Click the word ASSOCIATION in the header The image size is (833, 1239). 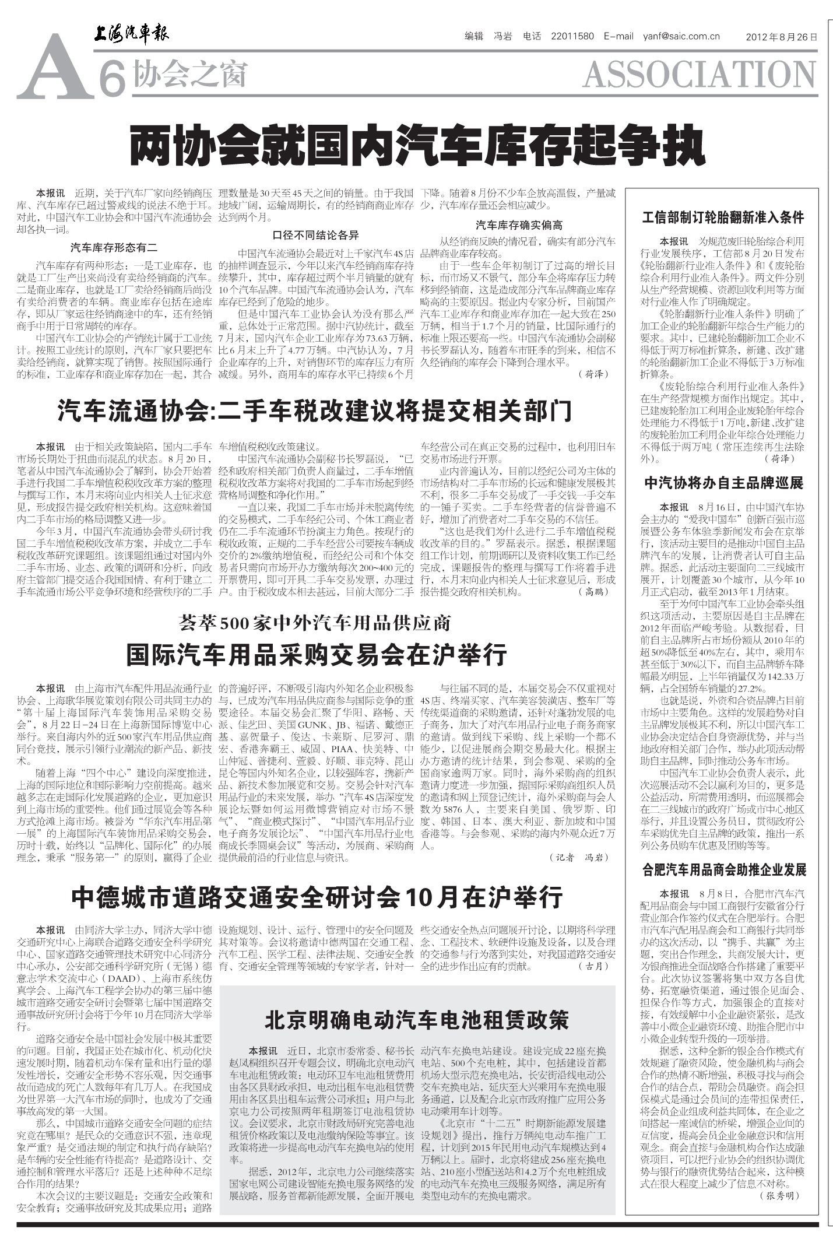click(699, 75)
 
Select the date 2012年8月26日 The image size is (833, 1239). click(781, 37)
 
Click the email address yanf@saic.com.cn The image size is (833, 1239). click(681, 36)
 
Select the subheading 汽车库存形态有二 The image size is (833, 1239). click(114, 247)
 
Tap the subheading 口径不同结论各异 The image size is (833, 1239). click(315, 236)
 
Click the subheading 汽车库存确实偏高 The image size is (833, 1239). click(519, 225)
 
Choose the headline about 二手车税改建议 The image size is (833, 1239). click(315, 411)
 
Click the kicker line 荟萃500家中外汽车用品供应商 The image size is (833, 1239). click(315, 623)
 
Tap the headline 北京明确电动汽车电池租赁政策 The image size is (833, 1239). click(416, 1020)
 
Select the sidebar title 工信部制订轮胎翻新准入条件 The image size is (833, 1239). click(723, 218)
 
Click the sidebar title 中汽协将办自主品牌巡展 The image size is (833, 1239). click(723, 483)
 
